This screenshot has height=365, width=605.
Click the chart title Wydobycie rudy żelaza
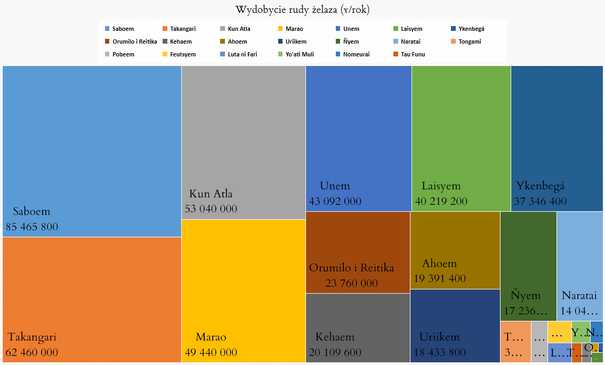[x=302, y=10]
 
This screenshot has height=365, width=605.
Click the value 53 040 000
[x=211, y=209]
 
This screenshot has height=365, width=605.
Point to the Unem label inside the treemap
[x=335, y=186]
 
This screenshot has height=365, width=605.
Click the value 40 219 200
[x=441, y=201]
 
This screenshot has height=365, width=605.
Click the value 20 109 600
[x=335, y=352]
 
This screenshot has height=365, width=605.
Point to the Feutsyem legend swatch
[x=165, y=54]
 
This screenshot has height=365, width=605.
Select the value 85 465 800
[x=32, y=227]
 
